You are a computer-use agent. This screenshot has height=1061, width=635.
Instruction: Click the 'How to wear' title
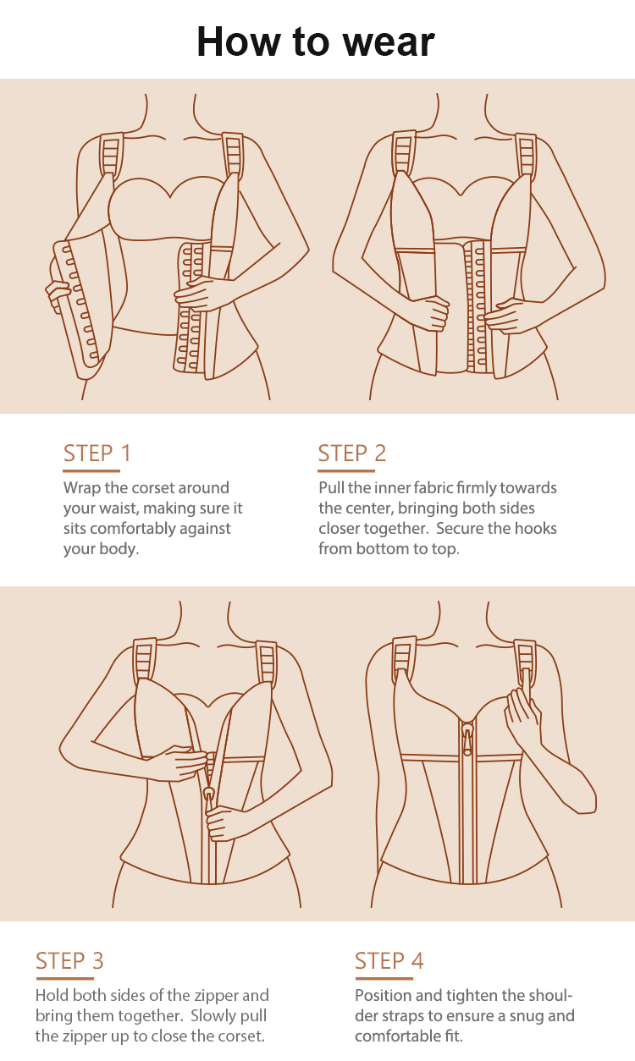(316, 42)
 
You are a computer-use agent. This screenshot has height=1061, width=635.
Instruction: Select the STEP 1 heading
(97, 454)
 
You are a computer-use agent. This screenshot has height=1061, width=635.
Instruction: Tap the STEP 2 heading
(351, 454)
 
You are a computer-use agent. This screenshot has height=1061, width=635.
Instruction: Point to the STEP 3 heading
(69, 961)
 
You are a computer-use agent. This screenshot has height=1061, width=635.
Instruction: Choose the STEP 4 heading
(389, 961)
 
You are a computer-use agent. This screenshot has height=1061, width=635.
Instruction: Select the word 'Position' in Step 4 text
(382, 996)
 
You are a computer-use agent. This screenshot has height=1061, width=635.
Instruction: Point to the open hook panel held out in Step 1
(78, 305)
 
